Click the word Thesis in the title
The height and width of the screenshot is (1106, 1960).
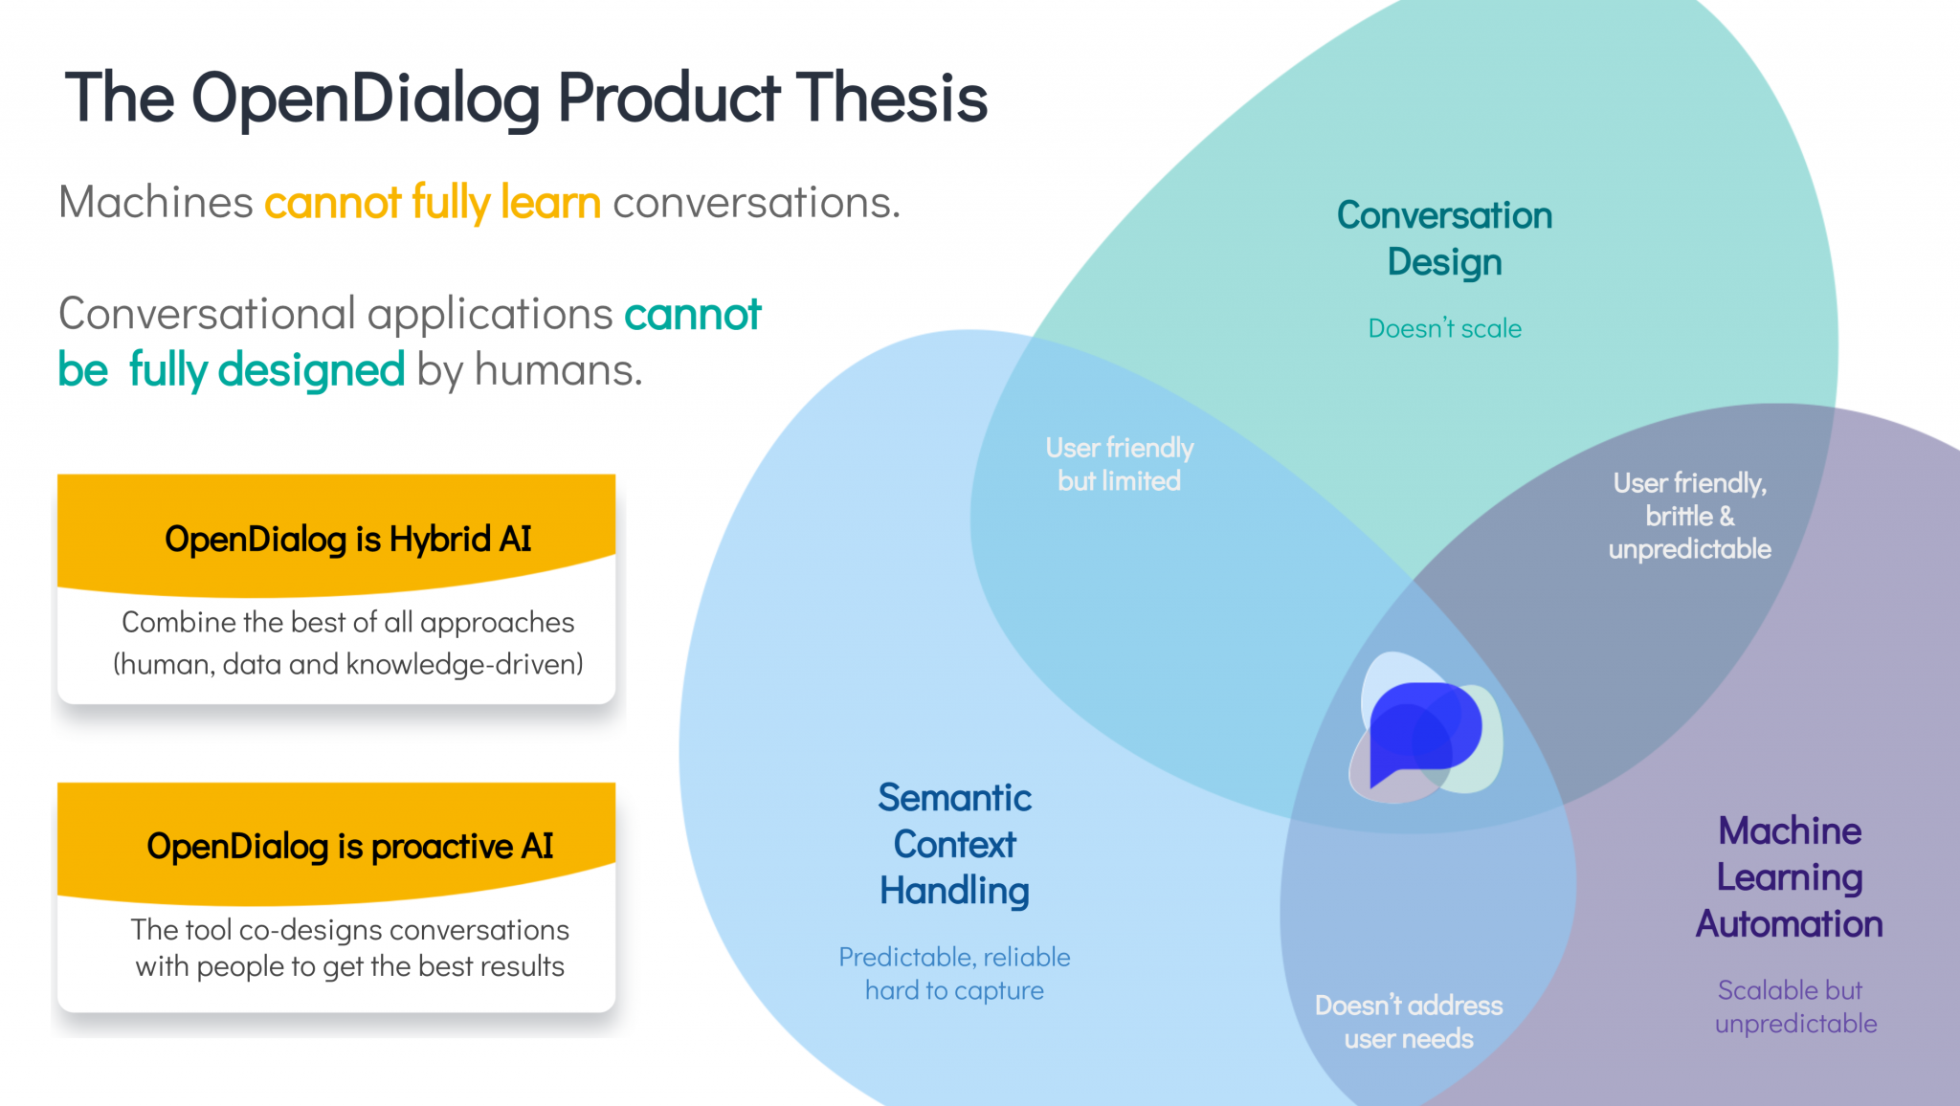(x=891, y=98)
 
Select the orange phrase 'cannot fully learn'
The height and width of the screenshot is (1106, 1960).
(x=433, y=203)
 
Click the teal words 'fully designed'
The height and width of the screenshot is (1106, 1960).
(x=267, y=370)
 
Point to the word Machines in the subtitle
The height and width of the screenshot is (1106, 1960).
(x=156, y=203)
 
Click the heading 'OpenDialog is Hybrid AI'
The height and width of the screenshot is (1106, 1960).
(x=348, y=540)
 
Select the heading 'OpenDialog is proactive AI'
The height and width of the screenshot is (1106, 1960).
(x=350, y=847)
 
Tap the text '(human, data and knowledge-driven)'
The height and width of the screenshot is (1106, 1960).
(x=348, y=664)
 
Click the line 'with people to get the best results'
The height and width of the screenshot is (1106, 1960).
(x=350, y=966)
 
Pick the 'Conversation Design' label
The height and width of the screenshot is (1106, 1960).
(x=1444, y=238)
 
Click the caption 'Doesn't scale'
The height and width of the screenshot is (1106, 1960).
(x=1444, y=328)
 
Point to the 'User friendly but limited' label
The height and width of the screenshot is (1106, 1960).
(x=1120, y=464)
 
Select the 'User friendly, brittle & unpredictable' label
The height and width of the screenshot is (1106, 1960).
(x=1690, y=516)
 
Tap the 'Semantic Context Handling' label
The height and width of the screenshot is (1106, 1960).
(x=955, y=844)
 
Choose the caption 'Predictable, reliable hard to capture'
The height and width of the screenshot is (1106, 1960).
(x=955, y=974)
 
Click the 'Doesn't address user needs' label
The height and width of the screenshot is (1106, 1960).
(x=1409, y=1022)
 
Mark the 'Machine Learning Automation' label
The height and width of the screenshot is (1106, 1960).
(x=1790, y=877)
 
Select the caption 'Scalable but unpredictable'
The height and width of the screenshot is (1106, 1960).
(x=1795, y=1006)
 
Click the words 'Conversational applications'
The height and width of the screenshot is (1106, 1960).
(x=336, y=314)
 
